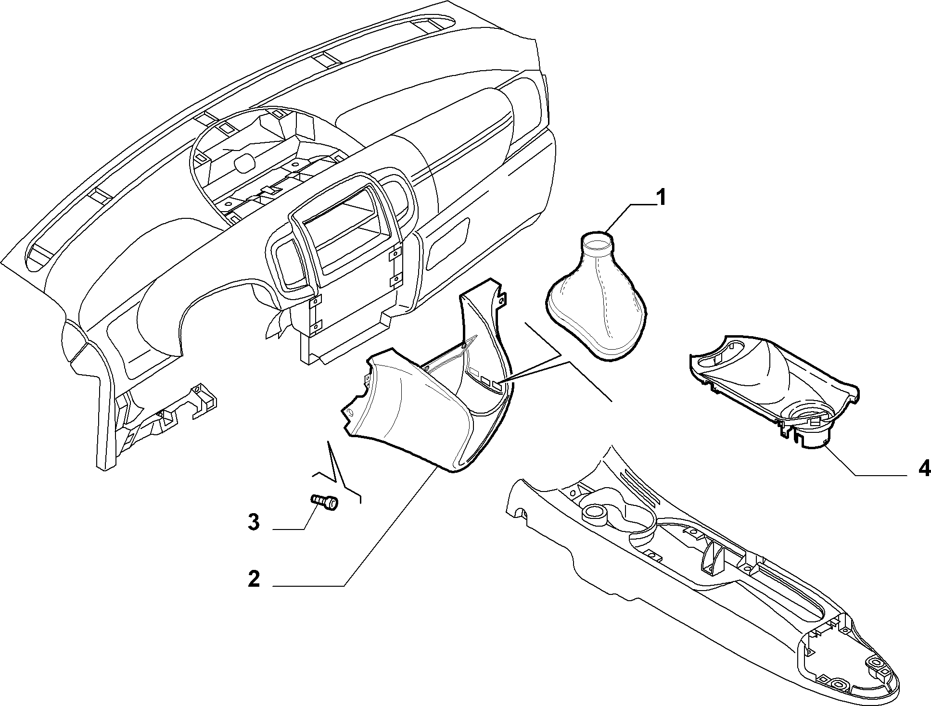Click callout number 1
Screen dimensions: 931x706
(662, 198)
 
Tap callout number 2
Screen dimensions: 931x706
(254, 579)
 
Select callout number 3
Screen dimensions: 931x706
(254, 522)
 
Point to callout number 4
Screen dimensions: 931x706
(924, 468)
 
